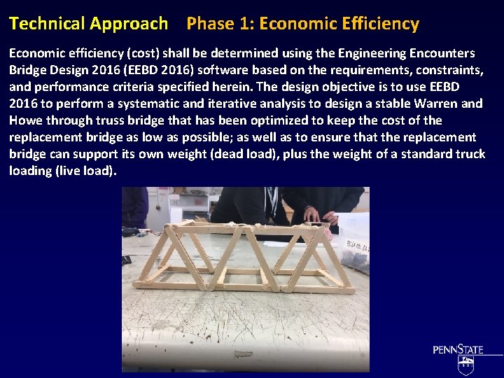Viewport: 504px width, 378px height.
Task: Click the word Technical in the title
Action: point(47,24)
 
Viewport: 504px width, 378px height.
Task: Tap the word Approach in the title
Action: point(129,24)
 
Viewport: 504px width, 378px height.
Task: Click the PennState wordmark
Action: point(458,349)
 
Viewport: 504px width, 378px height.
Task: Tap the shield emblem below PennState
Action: point(465,365)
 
